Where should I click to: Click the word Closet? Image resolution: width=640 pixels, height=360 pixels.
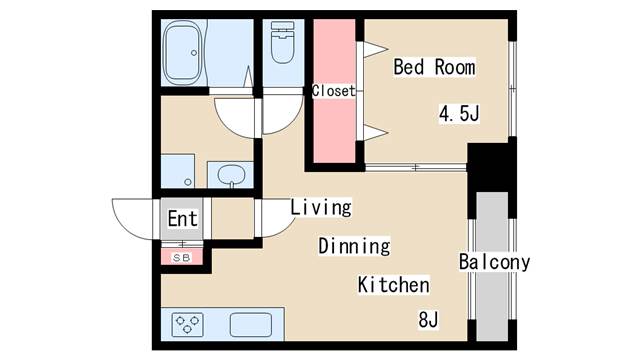(x=333, y=91)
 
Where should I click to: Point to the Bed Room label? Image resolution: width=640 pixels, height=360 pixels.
(x=433, y=68)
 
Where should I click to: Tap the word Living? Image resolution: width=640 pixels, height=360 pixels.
(x=321, y=208)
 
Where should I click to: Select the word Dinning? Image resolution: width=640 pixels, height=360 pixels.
(x=354, y=246)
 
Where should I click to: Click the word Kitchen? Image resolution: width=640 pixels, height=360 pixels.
(x=394, y=285)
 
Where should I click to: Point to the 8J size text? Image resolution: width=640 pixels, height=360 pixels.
(x=429, y=321)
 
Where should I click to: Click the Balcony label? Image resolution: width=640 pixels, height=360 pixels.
(x=494, y=263)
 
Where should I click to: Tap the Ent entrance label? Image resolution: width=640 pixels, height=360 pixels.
(x=182, y=218)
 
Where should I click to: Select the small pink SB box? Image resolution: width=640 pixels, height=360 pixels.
(x=182, y=257)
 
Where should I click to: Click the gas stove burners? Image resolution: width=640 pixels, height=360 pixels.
(x=187, y=323)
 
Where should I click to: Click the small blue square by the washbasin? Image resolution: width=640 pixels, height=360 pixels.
(x=180, y=170)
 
